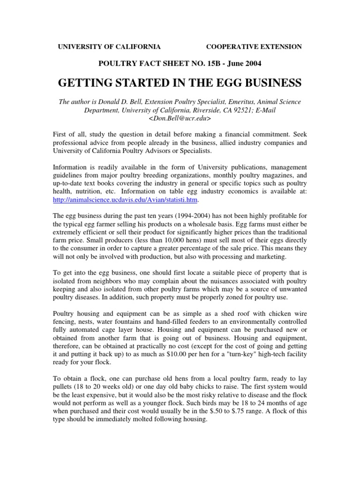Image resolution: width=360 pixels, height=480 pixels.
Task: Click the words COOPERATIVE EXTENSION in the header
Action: coord(254,46)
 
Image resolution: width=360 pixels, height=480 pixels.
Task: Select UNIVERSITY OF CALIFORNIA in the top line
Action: coord(109,46)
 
